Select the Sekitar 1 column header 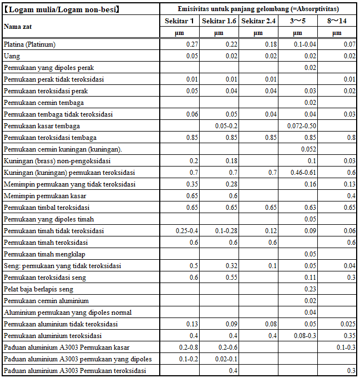(180, 21)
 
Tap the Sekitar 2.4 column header (258, 21)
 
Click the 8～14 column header (337, 21)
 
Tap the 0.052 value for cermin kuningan (308, 149)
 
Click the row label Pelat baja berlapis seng (38, 289)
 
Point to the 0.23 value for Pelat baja (311, 289)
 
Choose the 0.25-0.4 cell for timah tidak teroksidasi (186, 231)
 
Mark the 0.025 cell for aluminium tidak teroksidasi (347, 324)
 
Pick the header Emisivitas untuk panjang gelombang (258, 9)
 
